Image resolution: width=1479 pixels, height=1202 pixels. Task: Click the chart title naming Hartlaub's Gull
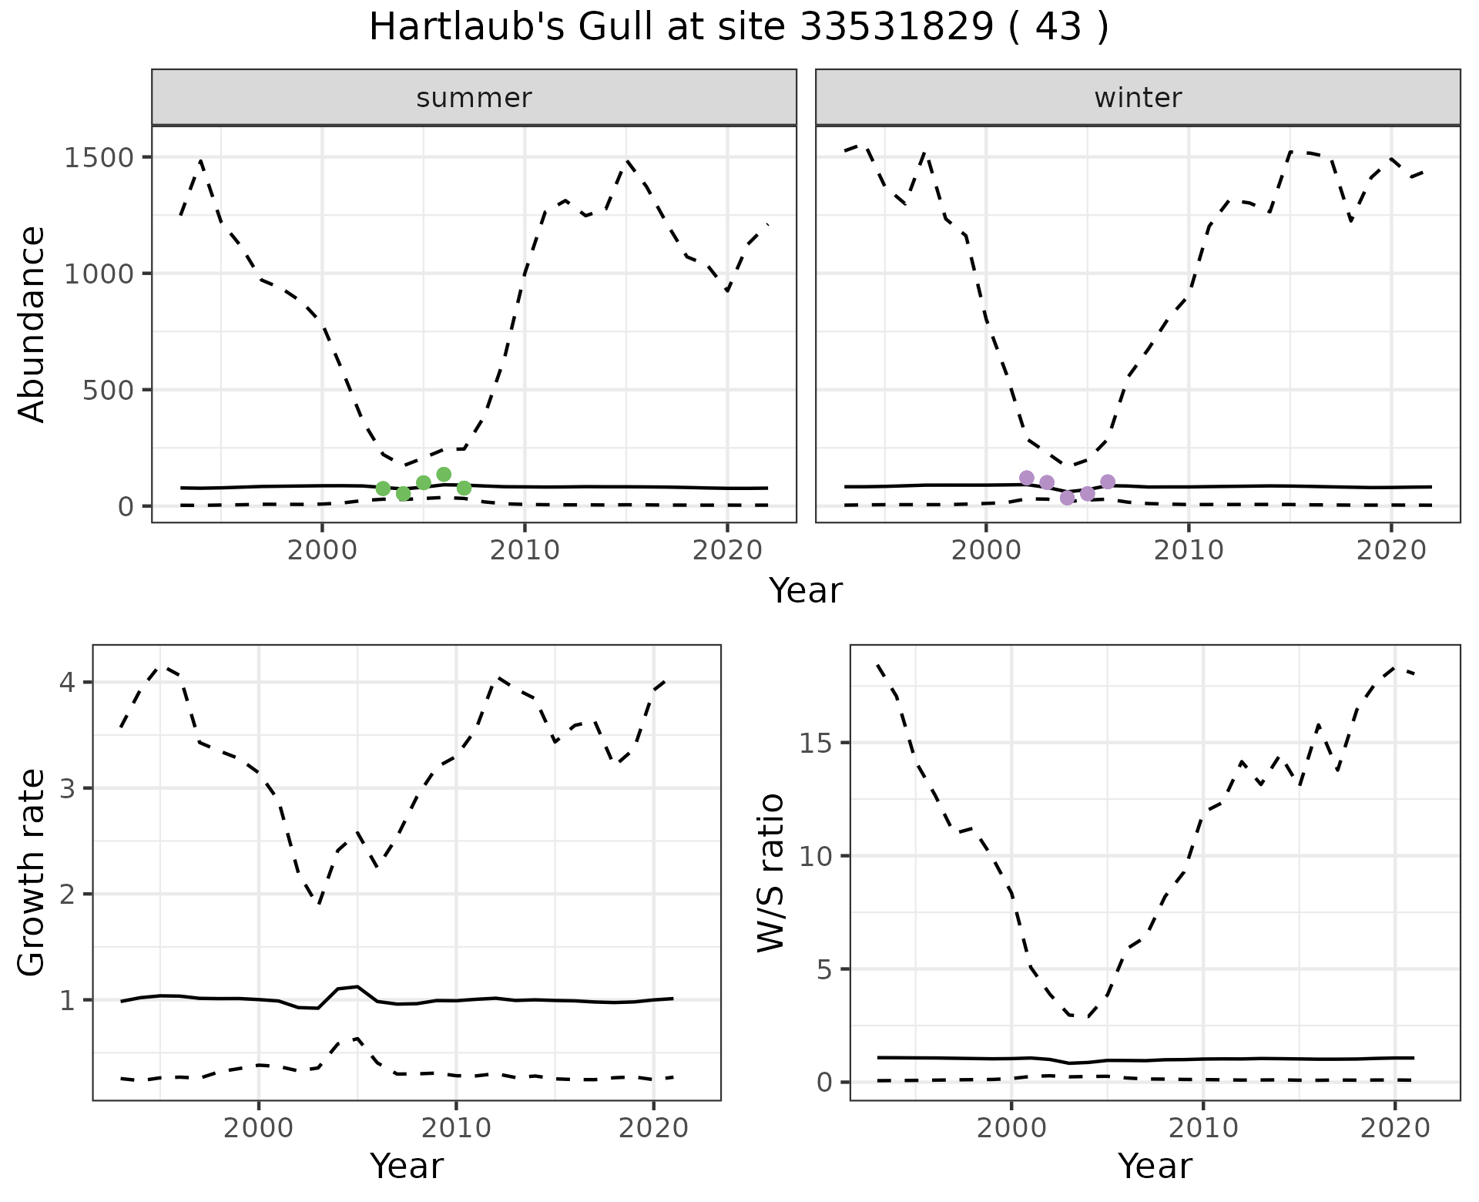click(x=739, y=28)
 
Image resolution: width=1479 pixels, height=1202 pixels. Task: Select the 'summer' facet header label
click(x=474, y=98)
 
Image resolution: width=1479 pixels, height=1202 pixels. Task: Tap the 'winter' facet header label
click(x=1138, y=98)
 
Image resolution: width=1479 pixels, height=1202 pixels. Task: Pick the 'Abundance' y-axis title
click(x=32, y=324)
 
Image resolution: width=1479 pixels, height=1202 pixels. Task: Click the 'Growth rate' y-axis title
click(x=32, y=872)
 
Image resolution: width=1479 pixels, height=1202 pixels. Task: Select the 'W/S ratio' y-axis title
click(x=770, y=872)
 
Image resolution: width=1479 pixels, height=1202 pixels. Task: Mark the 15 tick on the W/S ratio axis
click(x=814, y=744)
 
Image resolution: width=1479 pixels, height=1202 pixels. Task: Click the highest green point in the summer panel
click(x=444, y=475)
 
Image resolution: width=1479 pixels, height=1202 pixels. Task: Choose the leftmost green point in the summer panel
click(x=383, y=489)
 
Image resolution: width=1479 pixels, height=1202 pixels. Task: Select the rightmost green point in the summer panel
click(x=464, y=488)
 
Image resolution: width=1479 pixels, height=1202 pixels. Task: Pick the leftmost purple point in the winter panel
click(x=1027, y=478)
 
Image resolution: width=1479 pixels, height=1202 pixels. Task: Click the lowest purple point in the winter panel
click(x=1067, y=498)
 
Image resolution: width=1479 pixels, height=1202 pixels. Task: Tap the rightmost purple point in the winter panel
click(x=1108, y=482)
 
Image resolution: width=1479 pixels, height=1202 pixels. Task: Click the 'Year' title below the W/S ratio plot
click(x=1155, y=1166)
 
